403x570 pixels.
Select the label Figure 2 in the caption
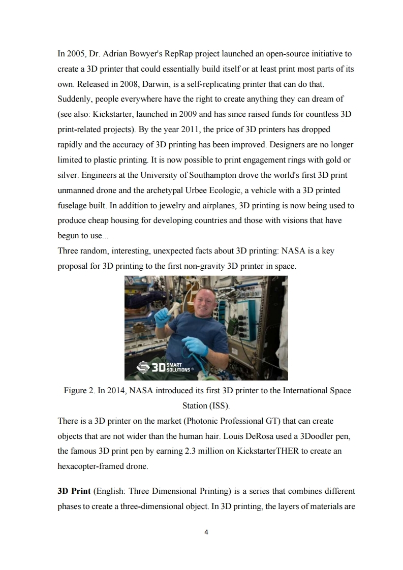pyautogui.click(x=79, y=391)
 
